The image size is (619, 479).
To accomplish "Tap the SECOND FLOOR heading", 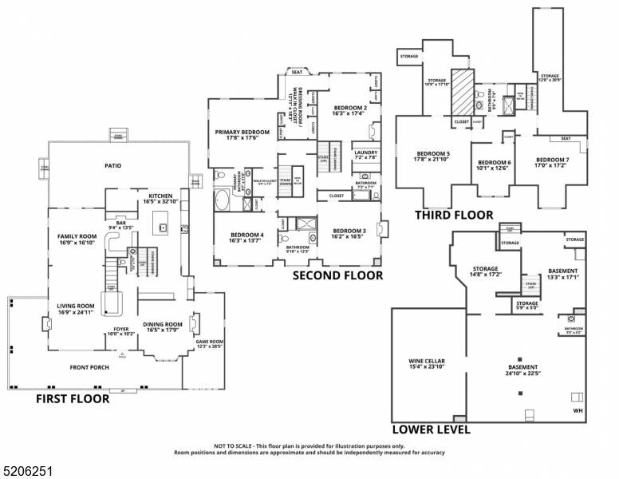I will (337, 275).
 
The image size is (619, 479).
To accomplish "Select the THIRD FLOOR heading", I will (454, 215).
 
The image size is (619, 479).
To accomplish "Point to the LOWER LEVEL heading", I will (431, 429).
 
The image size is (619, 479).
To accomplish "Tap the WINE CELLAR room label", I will (427, 362).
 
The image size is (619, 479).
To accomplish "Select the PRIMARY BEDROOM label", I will (241, 132).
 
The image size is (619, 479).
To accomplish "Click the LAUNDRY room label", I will (366, 152).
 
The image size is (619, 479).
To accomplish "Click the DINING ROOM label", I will (163, 323).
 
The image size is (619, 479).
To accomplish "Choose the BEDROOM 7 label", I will (551, 158).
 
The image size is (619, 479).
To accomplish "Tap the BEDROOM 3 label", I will (349, 231).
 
